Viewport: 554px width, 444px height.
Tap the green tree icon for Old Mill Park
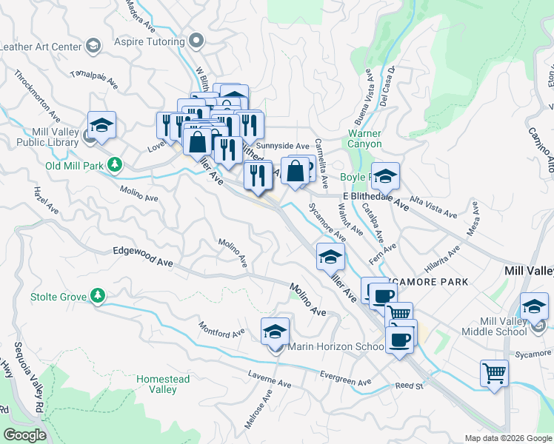pos(115,164)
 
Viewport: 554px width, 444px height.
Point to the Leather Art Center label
pos(40,47)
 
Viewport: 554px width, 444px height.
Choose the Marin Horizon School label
pos(326,347)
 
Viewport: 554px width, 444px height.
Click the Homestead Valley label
pos(163,384)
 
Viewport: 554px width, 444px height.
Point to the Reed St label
pos(408,386)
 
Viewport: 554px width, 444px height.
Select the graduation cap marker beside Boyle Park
pos(385,176)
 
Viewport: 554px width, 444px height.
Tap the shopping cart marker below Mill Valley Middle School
pos(494,372)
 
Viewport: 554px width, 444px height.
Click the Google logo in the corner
pos(24,435)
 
